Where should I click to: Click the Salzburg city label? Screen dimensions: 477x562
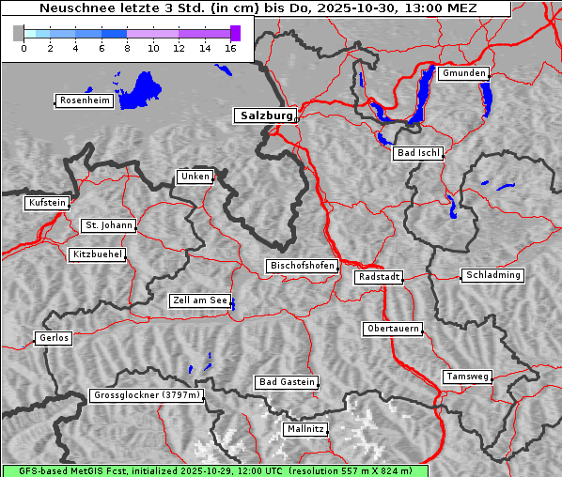(x=264, y=115)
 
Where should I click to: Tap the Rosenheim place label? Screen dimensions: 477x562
(x=84, y=100)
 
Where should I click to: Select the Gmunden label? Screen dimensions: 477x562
(x=463, y=73)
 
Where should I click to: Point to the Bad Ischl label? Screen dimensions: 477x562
(x=417, y=153)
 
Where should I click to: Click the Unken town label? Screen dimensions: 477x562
(x=195, y=177)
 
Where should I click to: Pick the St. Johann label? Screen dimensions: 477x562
(x=108, y=225)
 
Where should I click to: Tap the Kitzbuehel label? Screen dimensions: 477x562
(x=97, y=254)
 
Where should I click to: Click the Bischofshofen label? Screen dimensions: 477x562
(x=302, y=266)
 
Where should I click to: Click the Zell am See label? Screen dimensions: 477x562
(x=200, y=300)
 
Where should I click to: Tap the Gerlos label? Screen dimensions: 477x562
(x=54, y=338)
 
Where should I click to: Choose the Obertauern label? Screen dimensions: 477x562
(x=392, y=329)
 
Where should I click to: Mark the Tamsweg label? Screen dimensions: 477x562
(x=467, y=377)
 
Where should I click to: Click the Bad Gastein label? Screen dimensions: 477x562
(x=287, y=382)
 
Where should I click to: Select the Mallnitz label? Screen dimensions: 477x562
(x=305, y=429)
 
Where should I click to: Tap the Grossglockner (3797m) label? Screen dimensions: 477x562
(x=147, y=396)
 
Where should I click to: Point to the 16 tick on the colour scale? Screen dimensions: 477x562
(x=230, y=49)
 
